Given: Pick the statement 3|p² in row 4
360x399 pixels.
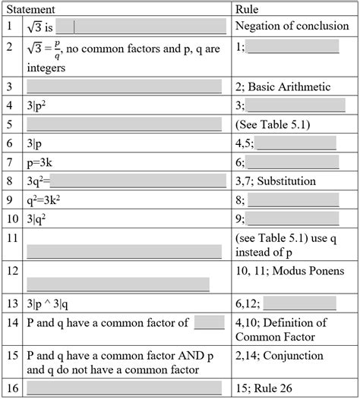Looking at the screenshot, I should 38,105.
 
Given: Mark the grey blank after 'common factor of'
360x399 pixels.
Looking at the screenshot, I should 209,322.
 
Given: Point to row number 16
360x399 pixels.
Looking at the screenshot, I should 10,388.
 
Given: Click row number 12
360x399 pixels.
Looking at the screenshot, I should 10,270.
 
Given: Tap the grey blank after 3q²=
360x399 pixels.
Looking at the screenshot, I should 139,181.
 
